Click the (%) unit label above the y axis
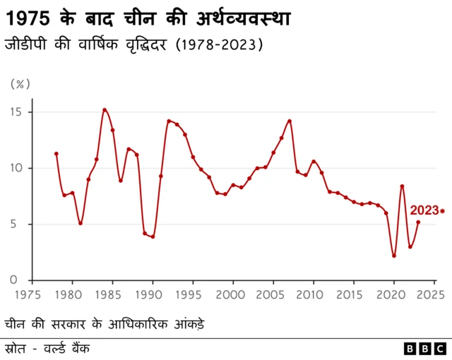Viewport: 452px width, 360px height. [20, 84]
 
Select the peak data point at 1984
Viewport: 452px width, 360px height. [105, 109]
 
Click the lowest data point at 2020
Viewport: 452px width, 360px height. [394, 256]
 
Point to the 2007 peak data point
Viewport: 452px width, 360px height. [290, 121]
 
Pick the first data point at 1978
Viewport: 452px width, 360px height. [56, 154]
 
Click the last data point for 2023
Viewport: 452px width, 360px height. [418, 222]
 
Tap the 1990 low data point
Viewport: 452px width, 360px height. [153, 236]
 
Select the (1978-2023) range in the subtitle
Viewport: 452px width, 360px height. [220, 44]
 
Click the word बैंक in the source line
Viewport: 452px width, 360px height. [79, 348]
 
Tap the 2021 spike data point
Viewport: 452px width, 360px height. [402, 186]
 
